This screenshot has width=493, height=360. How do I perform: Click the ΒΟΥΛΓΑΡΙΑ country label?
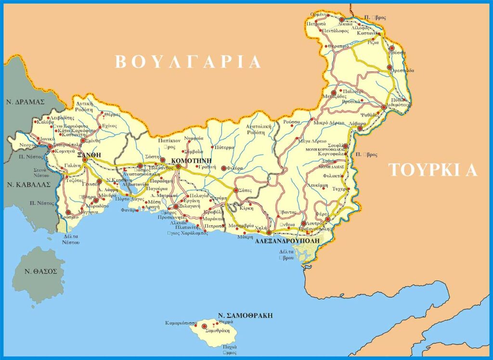(x=188, y=62)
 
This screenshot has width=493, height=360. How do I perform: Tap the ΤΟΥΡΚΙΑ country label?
(x=433, y=170)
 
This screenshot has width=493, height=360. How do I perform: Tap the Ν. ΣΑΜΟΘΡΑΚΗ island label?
(x=245, y=315)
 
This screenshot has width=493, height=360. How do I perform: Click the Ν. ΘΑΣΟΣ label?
(x=41, y=271)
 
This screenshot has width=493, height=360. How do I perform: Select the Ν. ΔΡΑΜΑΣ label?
(x=26, y=102)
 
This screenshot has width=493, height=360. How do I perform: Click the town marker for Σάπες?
(x=236, y=191)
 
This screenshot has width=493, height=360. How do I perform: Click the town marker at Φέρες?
(x=327, y=219)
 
